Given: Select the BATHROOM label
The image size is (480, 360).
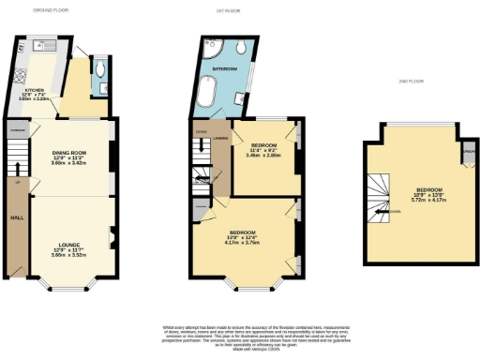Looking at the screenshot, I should click(223, 69).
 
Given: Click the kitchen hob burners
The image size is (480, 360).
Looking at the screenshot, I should click(21, 76).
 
